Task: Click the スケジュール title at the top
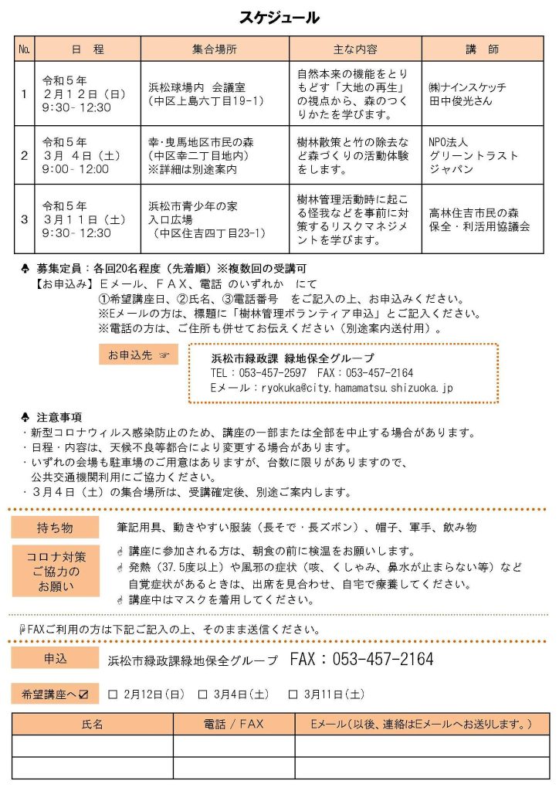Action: [279, 18]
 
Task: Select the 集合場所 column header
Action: [215, 49]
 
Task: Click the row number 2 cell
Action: [24, 155]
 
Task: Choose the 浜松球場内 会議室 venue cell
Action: [215, 93]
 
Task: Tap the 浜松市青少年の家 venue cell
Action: [215, 219]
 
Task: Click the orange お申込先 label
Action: [138, 355]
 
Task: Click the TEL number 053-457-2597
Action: [259, 373]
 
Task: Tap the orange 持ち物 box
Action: [56, 528]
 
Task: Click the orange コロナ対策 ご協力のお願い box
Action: [56, 571]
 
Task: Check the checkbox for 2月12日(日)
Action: [113, 694]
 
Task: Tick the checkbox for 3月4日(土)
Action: [203, 694]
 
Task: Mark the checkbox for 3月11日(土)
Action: [293, 694]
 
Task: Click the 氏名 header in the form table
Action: [93, 725]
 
